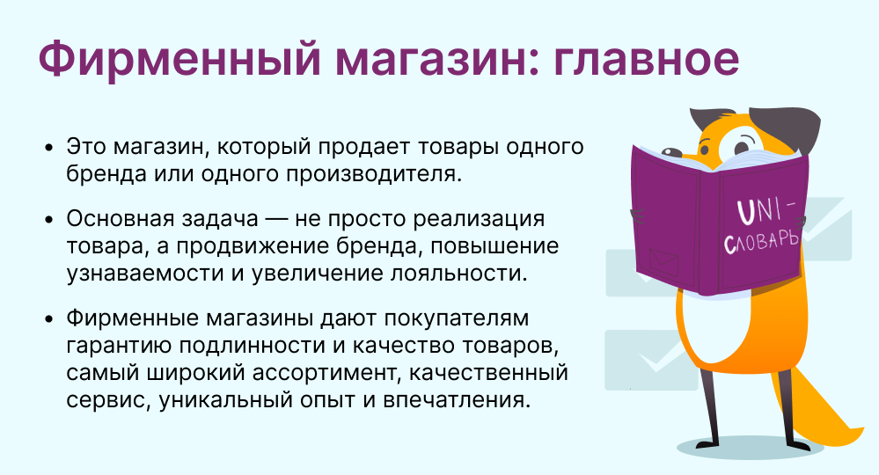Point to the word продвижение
pyautogui.click(x=304, y=245)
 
